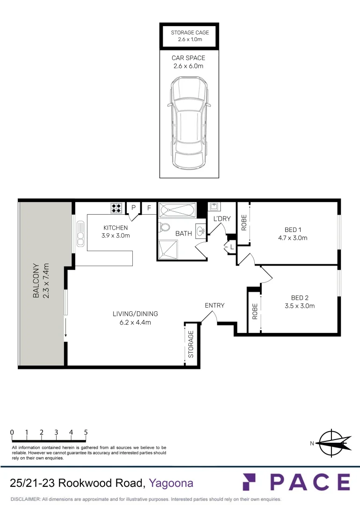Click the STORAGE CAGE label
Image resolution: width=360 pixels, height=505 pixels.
pos(189,32)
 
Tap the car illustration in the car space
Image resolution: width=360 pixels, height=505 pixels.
pos(188,123)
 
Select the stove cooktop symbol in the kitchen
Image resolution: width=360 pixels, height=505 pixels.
pos(116,208)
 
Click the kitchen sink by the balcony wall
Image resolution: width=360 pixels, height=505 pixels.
pos(80,234)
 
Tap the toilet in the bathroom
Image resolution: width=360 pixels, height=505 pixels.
pos(164,227)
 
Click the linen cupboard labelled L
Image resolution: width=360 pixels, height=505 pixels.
pos(231,246)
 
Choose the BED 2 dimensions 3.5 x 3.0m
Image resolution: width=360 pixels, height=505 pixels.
pos(299,306)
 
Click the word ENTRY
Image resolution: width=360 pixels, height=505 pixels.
pos(215,305)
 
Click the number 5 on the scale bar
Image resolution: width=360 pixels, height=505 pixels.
pos(86,433)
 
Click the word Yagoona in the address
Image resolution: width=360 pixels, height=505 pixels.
pos(171,483)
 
